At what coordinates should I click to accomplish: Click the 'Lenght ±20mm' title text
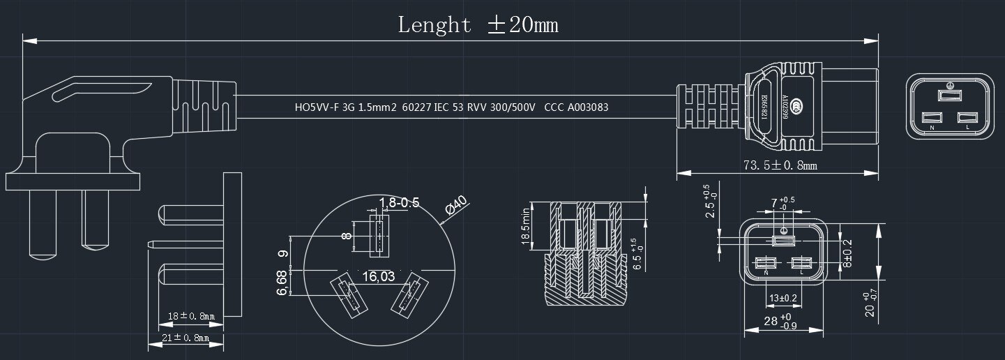[478, 25]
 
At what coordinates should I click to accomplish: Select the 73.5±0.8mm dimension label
[780, 165]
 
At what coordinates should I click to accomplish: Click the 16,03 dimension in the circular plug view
[379, 277]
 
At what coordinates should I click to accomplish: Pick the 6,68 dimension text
[282, 283]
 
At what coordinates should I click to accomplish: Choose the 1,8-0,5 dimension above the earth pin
[399, 203]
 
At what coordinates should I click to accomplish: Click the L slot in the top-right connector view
[967, 119]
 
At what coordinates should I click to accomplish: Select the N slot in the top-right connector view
[931, 119]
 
